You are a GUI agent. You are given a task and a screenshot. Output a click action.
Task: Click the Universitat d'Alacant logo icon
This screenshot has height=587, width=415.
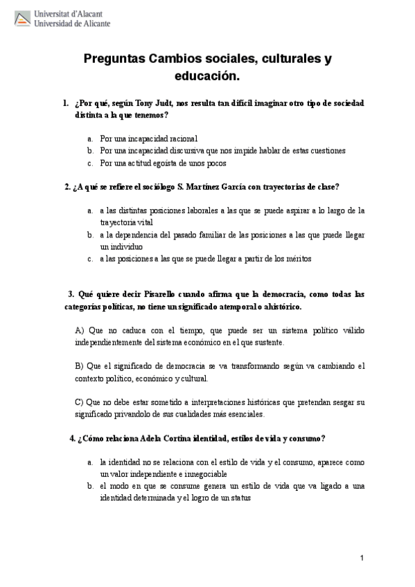click(21, 18)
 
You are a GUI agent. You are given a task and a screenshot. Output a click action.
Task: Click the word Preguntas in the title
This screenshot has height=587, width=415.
click(114, 60)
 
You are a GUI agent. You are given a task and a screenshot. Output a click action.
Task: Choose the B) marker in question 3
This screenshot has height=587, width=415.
click(78, 365)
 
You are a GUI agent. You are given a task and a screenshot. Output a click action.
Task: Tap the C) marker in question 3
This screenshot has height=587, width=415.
click(78, 402)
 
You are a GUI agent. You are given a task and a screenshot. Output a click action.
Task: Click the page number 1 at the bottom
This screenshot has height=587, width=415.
click(362, 558)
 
